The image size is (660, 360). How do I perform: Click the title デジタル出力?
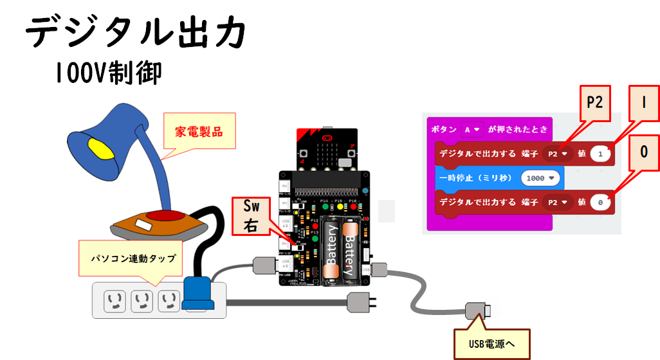coord(136,32)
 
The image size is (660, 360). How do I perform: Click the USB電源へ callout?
coord(491,344)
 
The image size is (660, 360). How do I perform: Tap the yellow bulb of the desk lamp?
coord(98,148)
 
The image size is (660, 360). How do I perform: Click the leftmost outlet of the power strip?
coord(115,299)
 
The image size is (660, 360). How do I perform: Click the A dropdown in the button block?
coord(472,129)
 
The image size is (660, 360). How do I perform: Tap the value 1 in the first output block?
coord(600,154)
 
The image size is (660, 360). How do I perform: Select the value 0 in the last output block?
coord(600,203)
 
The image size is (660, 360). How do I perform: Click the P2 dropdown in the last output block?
coord(556,203)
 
